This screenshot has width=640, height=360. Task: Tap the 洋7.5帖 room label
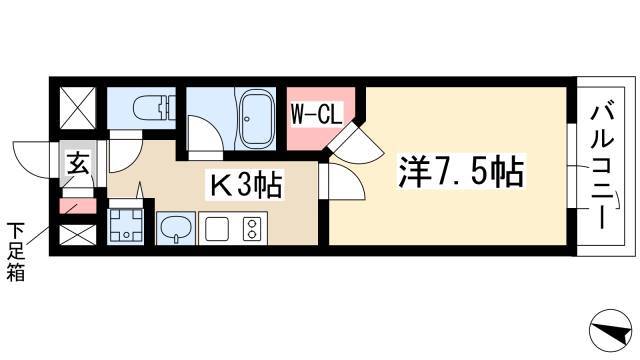click(x=461, y=172)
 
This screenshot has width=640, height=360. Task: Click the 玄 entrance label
click(x=78, y=164)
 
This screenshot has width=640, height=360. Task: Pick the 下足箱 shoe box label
click(x=16, y=252)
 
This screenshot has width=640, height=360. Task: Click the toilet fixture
click(x=154, y=108)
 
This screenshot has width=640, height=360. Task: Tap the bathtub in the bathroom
click(x=257, y=119)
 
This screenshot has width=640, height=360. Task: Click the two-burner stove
click(x=252, y=229)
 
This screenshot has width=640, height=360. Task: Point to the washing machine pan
click(x=125, y=226)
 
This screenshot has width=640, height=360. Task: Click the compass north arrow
click(x=610, y=330)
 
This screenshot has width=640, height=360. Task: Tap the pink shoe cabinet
click(x=78, y=206)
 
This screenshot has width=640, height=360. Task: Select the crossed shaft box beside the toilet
click(x=78, y=108)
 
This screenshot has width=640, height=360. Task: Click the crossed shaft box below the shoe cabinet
click(x=78, y=235)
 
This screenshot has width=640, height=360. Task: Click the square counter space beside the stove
click(x=216, y=229)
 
